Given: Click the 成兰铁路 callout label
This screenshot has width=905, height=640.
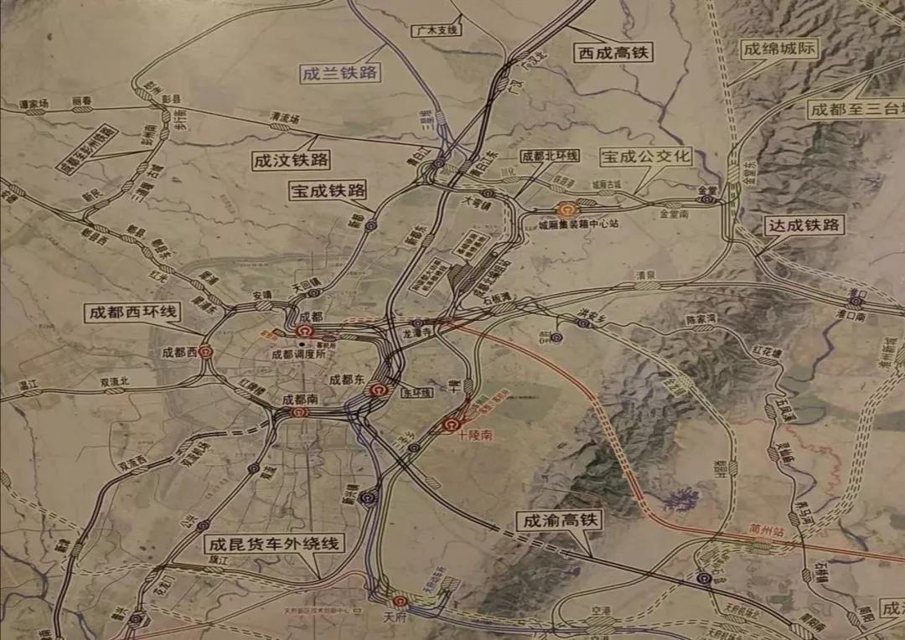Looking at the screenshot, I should click(340, 73).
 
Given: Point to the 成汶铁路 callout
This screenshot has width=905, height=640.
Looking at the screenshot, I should click(291, 160).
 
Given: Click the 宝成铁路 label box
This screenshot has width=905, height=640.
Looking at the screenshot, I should click(328, 190).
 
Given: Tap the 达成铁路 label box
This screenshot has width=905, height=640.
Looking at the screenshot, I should click(804, 225).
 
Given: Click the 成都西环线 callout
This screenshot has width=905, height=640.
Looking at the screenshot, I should click(132, 313).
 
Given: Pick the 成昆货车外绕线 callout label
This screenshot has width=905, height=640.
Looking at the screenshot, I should click(275, 544).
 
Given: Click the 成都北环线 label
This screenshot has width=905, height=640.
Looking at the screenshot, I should click(550, 156).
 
